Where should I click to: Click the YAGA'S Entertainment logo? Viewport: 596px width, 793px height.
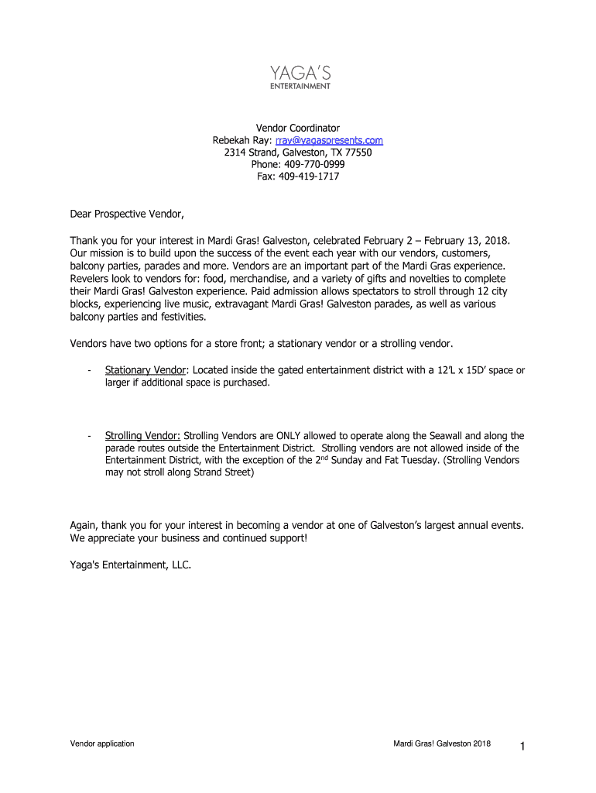pos(300,77)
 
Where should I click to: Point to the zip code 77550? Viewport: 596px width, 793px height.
pos(358,153)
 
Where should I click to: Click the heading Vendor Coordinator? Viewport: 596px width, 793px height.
pos(298,128)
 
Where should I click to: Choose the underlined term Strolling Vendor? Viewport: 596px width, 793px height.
pos(142,436)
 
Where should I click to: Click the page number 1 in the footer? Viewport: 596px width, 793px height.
pos(523,746)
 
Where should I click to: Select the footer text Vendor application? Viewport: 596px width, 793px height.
pos(102,743)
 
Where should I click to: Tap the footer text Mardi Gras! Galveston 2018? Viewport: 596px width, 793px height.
pos(441,743)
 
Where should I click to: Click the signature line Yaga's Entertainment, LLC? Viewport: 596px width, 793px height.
pos(130,565)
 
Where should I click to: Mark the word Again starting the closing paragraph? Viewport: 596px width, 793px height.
pos(84,525)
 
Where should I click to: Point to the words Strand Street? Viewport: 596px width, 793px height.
pos(223,472)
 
